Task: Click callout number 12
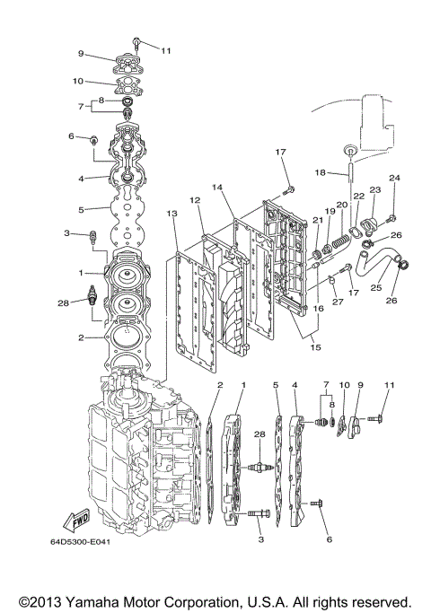(x=193, y=199)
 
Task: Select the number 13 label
(x=172, y=213)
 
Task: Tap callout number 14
(x=217, y=188)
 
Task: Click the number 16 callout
(x=319, y=308)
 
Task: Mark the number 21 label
(x=317, y=220)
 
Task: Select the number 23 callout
(x=374, y=190)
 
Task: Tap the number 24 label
(x=394, y=178)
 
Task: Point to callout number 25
(x=374, y=287)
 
